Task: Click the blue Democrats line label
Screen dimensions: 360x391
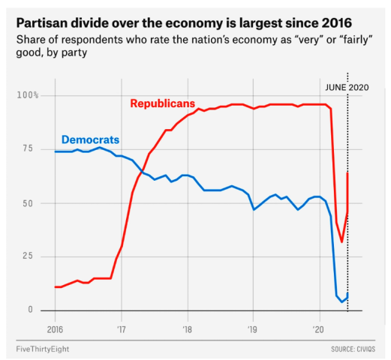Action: click(90, 139)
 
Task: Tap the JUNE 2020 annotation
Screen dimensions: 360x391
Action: click(347, 87)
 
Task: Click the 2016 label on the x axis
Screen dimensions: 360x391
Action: click(55, 329)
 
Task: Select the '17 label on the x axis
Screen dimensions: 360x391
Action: click(121, 329)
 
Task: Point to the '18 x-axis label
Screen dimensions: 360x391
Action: click(187, 329)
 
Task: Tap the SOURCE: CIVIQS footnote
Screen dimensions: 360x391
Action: click(353, 349)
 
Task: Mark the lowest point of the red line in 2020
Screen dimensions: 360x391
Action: click(341, 241)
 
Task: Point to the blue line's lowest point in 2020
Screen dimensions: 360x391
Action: click(342, 301)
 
